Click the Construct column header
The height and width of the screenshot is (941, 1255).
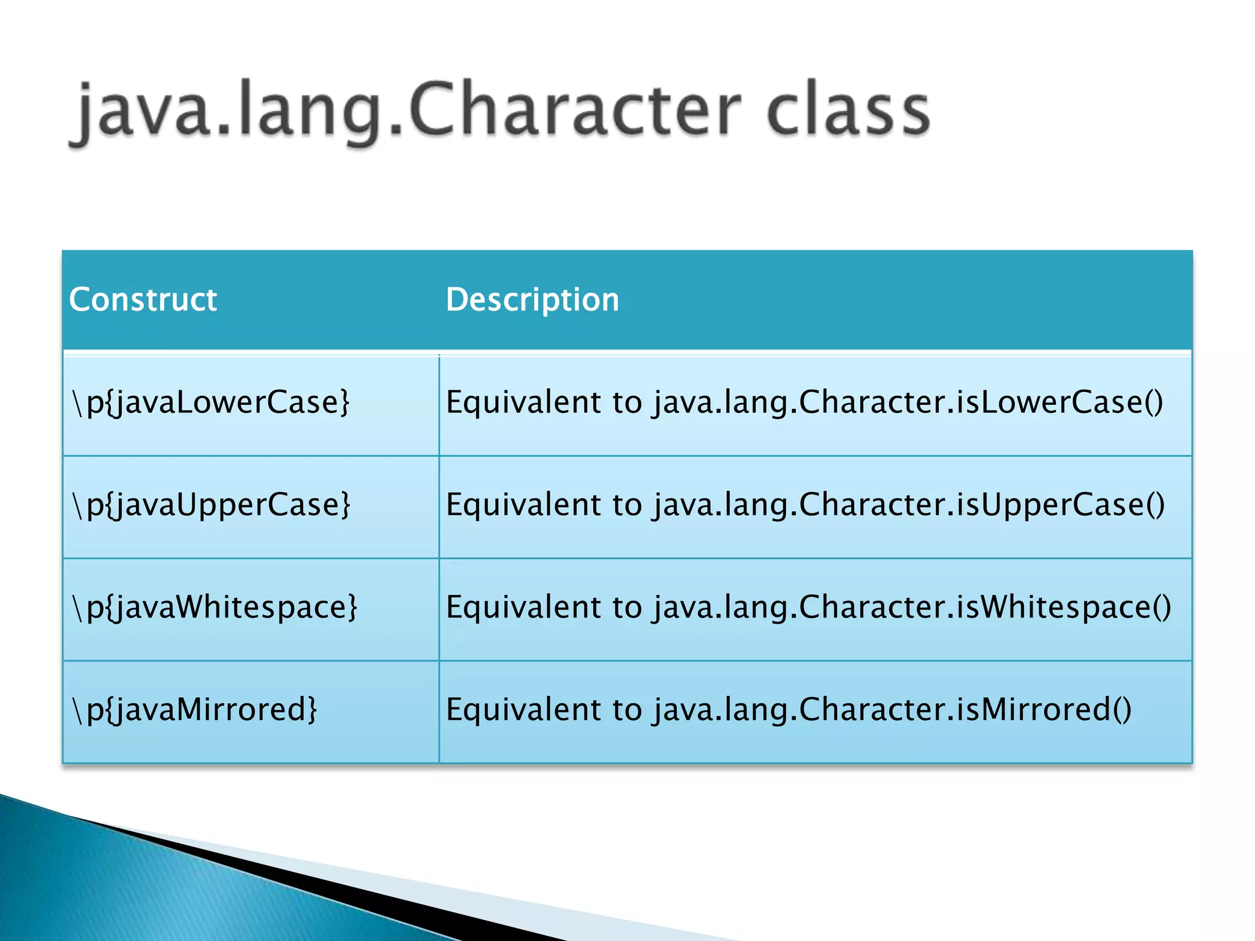(143, 300)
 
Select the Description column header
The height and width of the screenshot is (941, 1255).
(532, 300)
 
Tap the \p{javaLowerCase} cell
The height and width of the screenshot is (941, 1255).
(211, 402)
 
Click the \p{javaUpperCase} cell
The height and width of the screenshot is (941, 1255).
(211, 505)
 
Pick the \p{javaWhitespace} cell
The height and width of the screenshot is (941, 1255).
(214, 607)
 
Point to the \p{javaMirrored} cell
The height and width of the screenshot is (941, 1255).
(195, 709)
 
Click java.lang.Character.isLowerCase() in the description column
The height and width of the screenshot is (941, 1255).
(908, 402)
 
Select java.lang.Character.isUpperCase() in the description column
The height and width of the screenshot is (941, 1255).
(909, 505)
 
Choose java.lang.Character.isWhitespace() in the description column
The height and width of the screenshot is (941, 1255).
(912, 607)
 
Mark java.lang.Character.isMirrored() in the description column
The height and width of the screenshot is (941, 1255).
(892, 709)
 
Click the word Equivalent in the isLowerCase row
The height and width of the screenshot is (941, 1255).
(523, 402)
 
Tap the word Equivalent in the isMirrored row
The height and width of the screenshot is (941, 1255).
(523, 709)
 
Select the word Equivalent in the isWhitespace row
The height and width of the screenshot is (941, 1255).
(523, 607)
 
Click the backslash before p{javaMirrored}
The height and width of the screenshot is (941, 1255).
(77, 709)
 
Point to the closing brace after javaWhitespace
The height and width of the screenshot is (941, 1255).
(352, 607)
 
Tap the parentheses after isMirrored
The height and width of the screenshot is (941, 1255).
(1121, 709)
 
